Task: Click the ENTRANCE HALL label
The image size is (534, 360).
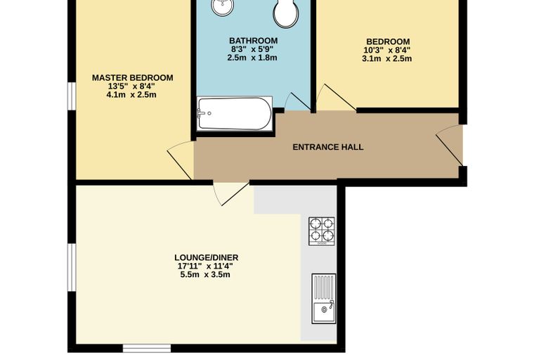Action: coord(328,147)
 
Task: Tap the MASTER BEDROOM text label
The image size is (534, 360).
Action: coord(133,78)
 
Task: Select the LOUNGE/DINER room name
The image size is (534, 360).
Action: coord(207,257)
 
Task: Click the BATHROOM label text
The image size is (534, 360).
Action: coord(254,41)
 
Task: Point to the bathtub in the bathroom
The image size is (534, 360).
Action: coord(235,114)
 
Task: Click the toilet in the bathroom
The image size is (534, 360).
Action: coord(287,13)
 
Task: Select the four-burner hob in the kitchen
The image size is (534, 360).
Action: coord(322,231)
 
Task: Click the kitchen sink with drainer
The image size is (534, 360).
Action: coord(323,299)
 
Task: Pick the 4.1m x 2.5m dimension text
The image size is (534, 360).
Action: coord(131,95)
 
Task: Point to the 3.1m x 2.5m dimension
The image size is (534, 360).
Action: coord(387,58)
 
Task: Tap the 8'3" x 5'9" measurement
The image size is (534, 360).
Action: coord(252,49)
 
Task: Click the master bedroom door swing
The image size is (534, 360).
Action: coord(180,160)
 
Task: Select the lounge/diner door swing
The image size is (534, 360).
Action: coord(231,193)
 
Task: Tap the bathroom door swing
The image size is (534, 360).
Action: coord(297,101)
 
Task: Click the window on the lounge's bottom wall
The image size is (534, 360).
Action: coord(146,348)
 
